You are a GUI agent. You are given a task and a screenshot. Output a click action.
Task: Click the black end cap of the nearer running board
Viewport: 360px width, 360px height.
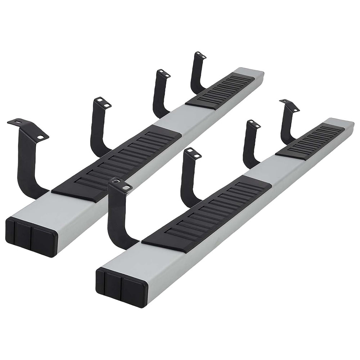(x=121, y=286)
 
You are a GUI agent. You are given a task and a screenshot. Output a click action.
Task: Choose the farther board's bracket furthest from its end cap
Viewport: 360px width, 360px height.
(x=196, y=72)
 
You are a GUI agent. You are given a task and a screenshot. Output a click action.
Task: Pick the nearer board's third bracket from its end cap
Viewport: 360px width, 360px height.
(x=250, y=144)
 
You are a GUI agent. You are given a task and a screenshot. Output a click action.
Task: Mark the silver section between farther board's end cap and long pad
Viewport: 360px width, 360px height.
(x=40, y=209)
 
